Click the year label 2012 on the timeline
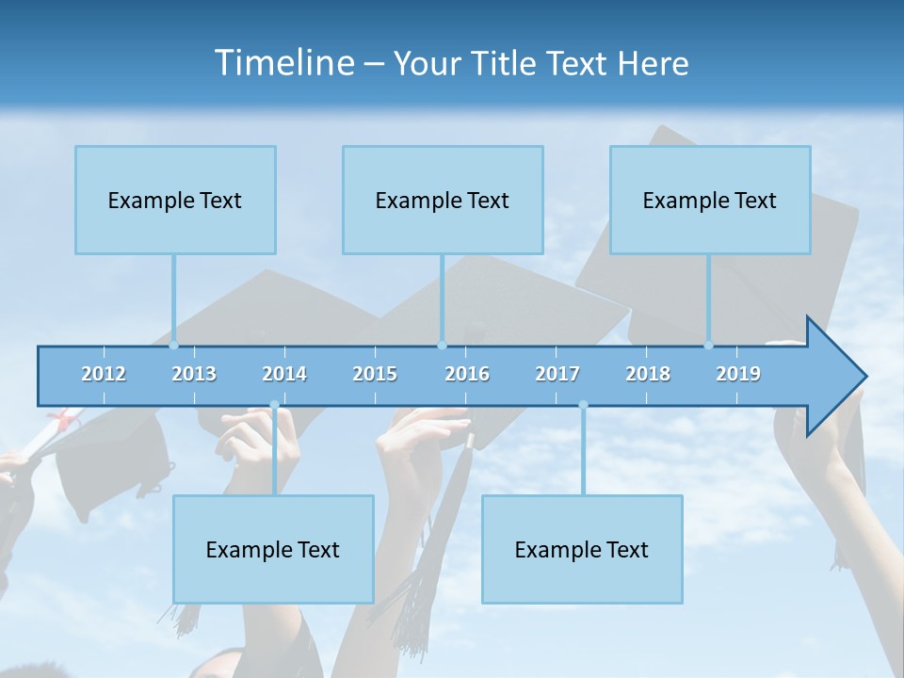pyautogui.click(x=104, y=374)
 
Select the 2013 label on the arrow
pyautogui.click(x=194, y=374)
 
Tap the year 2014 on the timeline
pyautogui.click(x=284, y=374)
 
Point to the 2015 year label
pyautogui.click(x=375, y=374)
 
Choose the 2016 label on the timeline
pyautogui.click(x=467, y=374)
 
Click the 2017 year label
pyautogui.click(x=557, y=374)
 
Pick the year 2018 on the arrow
pyautogui.click(x=648, y=374)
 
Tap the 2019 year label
pyautogui.click(x=738, y=374)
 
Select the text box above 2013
pyautogui.click(x=175, y=200)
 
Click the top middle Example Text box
pyautogui.click(x=443, y=200)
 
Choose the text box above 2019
pyautogui.click(x=710, y=200)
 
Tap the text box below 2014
pyautogui.click(x=273, y=549)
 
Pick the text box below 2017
pyautogui.click(x=582, y=549)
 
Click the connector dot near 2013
pyautogui.click(x=174, y=345)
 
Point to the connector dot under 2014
pyautogui.click(x=274, y=406)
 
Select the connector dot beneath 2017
pyautogui.click(x=583, y=406)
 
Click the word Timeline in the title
pyautogui.click(x=282, y=63)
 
